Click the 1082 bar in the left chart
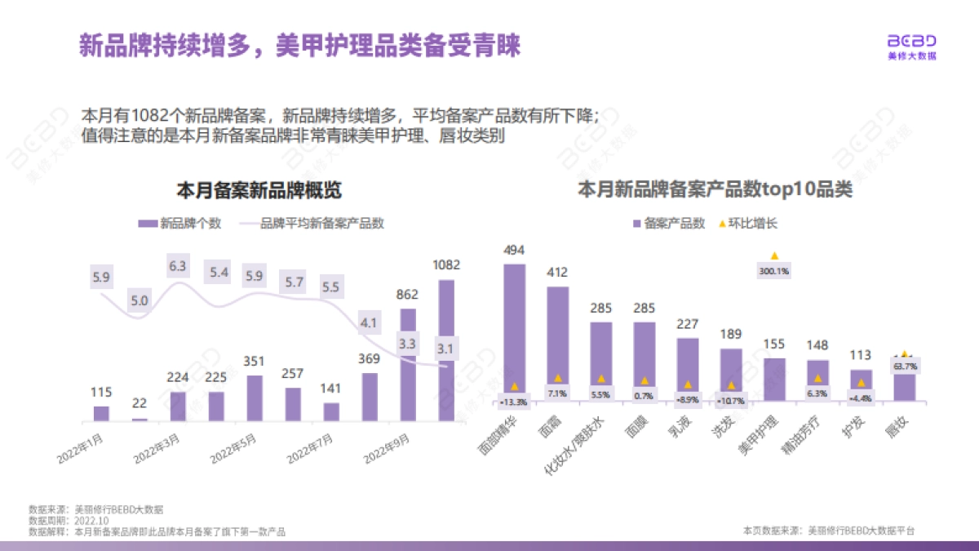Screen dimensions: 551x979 pos(446,351)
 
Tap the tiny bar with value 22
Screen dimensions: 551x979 pos(140,419)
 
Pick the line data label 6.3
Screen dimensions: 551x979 pos(178,266)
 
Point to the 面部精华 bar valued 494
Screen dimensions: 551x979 pos(514,331)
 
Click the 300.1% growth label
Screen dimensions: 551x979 pos(774,271)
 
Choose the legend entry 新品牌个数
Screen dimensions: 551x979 pos(180,224)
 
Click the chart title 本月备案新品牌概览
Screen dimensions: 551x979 pos(259,191)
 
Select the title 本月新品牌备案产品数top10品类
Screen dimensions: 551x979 pos(715,191)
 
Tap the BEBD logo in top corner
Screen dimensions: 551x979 pos(912,47)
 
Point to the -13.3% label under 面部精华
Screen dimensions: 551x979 pos(514,402)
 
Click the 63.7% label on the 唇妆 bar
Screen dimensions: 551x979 pos(905,367)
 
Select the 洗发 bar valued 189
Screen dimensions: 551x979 pos(731,374)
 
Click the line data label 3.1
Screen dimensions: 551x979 pos(445,350)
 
